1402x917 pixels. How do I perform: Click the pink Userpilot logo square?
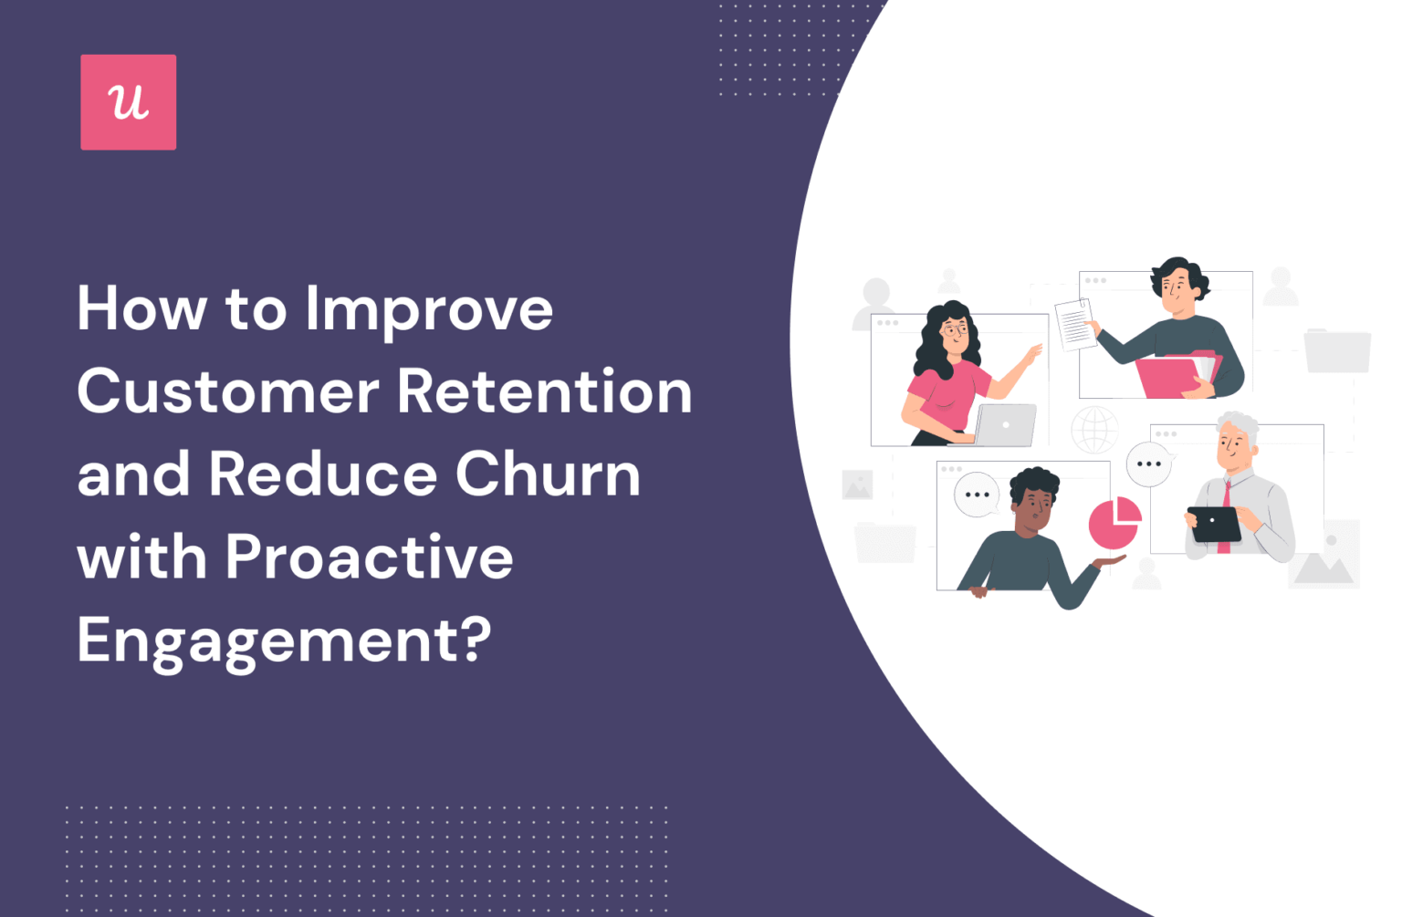click(128, 102)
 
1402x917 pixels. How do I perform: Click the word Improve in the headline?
click(429, 310)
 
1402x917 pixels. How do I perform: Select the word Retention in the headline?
click(544, 392)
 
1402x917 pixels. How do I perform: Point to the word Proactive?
click(369, 557)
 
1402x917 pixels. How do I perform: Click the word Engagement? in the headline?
click(284, 641)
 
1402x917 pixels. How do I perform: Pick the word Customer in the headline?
click(227, 392)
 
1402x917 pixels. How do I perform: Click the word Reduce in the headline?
click(323, 474)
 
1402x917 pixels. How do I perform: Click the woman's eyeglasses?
click(955, 328)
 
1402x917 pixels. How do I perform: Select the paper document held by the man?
click(1074, 324)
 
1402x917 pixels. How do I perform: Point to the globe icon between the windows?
click(1094, 430)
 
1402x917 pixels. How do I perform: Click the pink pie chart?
click(1114, 522)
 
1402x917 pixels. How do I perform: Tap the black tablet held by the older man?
click(1214, 524)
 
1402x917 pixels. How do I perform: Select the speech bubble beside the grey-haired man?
click(1148, 464)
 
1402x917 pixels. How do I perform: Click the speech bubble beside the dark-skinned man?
click(977, 495)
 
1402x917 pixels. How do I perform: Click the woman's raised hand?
click(1034, 353)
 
